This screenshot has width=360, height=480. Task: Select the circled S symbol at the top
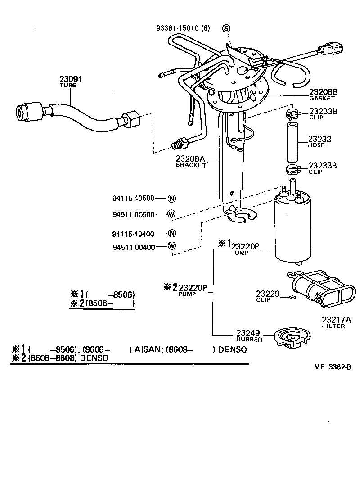[x=226, y=28]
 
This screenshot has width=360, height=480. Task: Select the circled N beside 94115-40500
[x=171, y=198]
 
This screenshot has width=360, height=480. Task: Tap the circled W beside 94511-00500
[x=171, y=214]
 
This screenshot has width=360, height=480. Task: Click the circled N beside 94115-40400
[x=171, y=233]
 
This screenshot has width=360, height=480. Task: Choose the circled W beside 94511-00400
[x=171, y=246]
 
